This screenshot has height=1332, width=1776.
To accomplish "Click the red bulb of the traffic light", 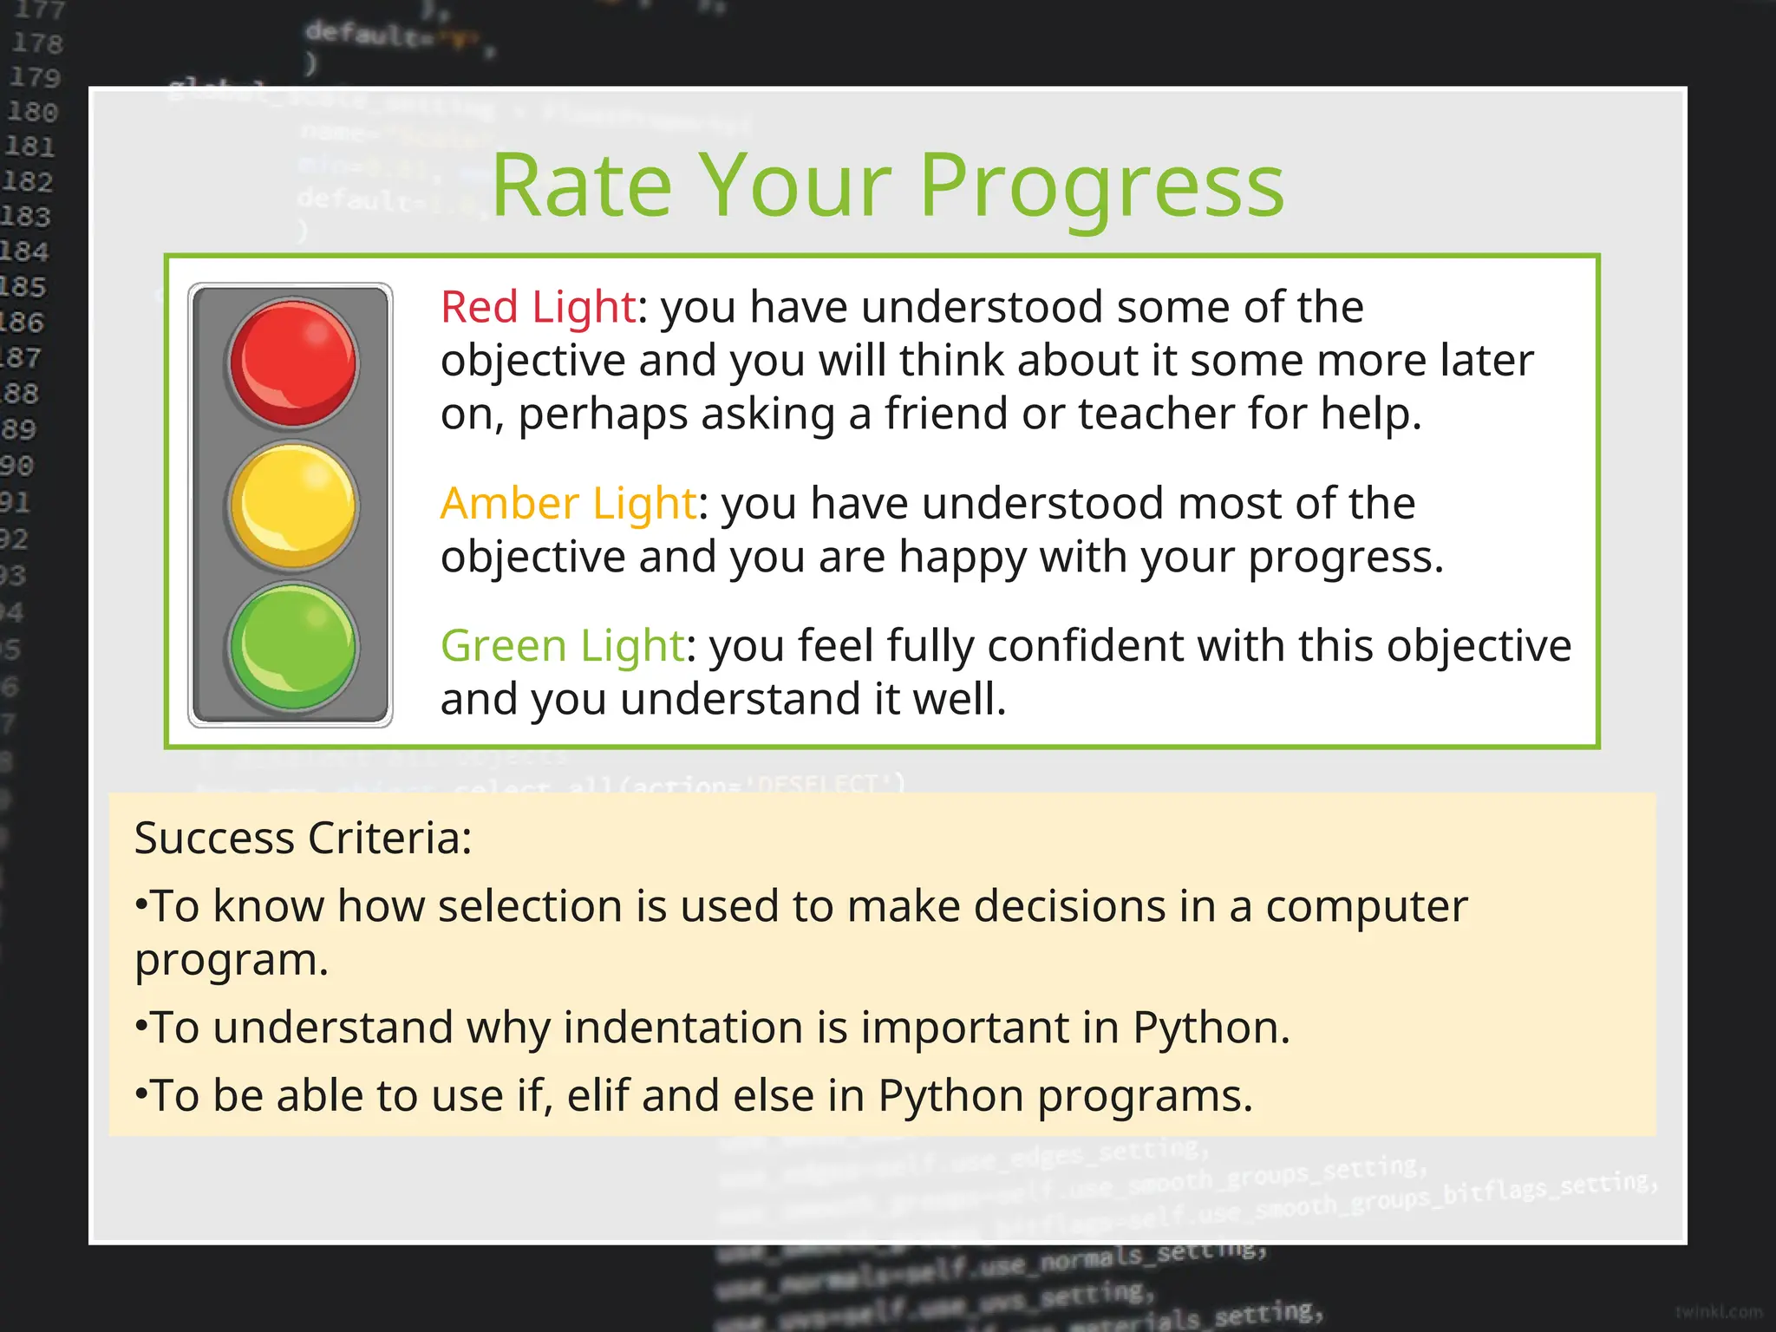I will click(x=293, y=362).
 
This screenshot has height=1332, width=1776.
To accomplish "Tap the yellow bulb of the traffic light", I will click(x=293, y=505).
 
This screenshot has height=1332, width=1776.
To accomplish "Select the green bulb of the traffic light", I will click(x=293, y=647).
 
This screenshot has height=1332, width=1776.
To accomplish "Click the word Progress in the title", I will click(x=1100, y=186).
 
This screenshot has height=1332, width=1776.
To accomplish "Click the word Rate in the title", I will click(x=582, y=186).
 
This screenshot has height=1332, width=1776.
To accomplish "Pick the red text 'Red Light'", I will click(x=539, y=307).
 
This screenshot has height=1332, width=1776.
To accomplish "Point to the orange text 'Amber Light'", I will click(x=568, y=503).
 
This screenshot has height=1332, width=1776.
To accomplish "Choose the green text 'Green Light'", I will click(x=563, y=645).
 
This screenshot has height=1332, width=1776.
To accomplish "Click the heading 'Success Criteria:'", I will click(x=303, y=839).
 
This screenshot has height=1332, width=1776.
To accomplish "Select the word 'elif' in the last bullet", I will click(x=597, y=1096).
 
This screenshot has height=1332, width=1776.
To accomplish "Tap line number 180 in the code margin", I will click(x=32, y=112).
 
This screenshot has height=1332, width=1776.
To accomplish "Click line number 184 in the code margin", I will click(x=24, y=251).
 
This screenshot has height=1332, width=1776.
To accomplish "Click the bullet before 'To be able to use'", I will click(x=140, y=1095).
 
